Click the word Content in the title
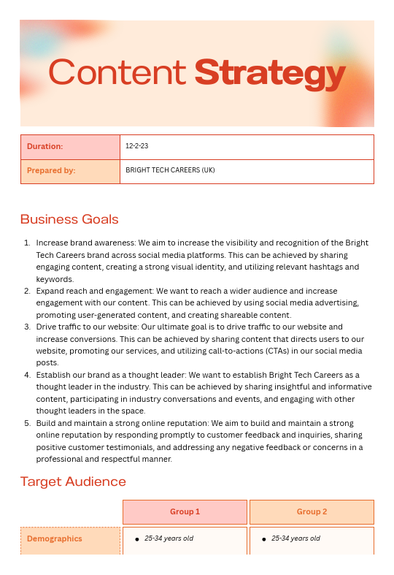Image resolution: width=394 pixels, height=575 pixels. click(117, 73)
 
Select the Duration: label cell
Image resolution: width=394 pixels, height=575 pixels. click(70, 147)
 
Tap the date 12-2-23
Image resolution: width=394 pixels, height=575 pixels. click(137, 147)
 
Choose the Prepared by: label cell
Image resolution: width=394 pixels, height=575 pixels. click(70, 171)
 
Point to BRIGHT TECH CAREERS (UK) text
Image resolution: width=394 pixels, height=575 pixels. click(170, 171)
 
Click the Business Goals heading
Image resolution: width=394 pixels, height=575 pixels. click(69, 219)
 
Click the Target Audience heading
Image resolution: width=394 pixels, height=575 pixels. click(73, 481)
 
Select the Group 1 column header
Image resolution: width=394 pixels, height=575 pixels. click(185, 511)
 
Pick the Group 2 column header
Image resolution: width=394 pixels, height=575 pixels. click(312, 511)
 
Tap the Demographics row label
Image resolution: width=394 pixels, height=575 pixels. click(55, 539)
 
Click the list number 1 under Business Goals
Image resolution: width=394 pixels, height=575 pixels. click(26, 243)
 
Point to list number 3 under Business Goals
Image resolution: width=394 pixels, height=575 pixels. click(26, 327)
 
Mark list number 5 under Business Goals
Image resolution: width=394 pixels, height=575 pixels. click(26, 423)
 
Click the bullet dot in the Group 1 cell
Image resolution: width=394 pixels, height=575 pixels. click(137, 540)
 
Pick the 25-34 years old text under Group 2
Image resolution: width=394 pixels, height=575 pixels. click(295, 539)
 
